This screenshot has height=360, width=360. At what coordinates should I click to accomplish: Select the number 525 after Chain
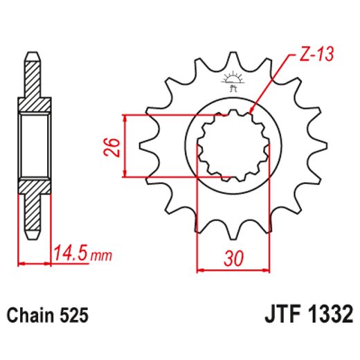74,316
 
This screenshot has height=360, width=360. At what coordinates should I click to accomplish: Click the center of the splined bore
233,146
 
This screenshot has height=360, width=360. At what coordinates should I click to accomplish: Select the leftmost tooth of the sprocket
147,146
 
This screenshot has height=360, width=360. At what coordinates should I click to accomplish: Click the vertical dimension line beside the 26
125,146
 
